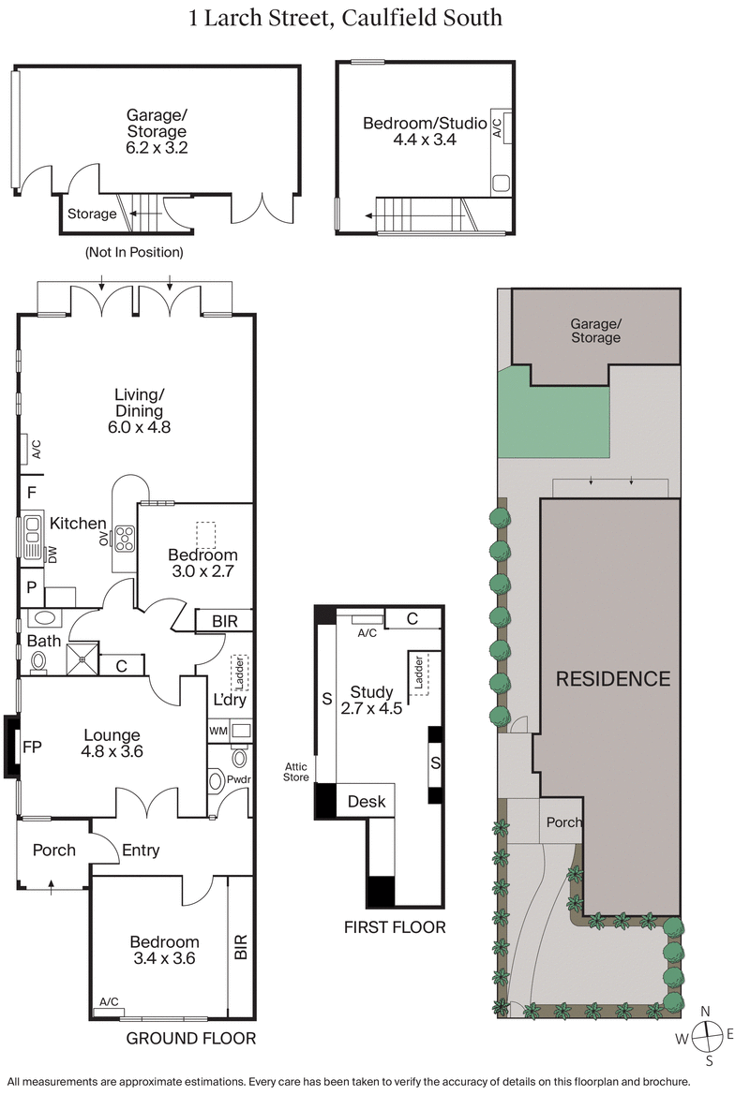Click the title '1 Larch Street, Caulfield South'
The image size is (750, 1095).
(x=346, y=17)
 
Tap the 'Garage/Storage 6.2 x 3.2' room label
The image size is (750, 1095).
(x=157, y=131)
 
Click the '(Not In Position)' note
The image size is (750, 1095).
(x=134, y=252)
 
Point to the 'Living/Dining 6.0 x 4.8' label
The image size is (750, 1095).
(x=140, y=411)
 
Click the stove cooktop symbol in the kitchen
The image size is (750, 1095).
(x=123, y=538)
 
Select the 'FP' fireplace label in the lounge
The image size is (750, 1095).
(x=33, y=747)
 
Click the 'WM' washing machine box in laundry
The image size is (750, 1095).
(x=217, y=730)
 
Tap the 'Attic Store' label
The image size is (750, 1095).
(x=297, y=771)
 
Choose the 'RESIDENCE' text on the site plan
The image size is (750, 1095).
(x=613, y=679)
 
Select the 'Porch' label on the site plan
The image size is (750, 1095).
(x=563, y=822)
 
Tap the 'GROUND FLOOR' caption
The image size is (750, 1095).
(x=190, y=1038)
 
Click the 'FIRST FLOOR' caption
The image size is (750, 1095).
(x=394, y=927)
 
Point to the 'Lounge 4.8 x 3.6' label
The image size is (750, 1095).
(x=112, y=743)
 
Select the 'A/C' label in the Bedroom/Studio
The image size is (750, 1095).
(x=497, y=127)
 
